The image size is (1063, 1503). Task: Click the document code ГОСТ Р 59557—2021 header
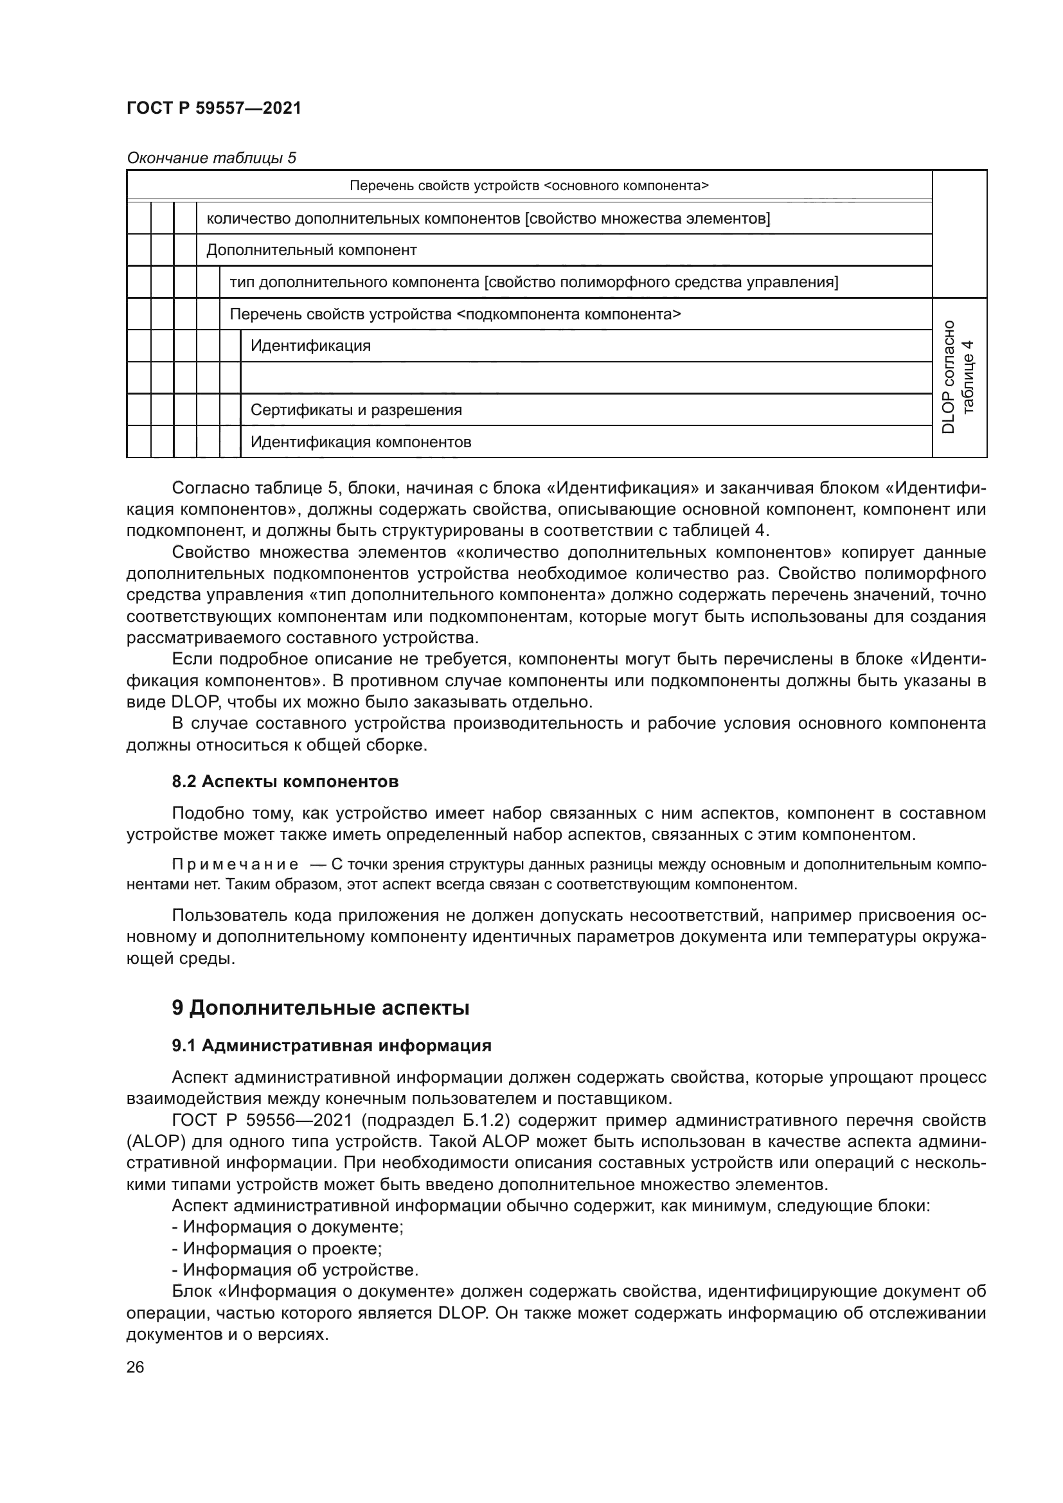[213, 108]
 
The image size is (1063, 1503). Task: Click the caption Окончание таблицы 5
[211, 158]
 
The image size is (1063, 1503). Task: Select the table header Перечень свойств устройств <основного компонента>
[529, 186]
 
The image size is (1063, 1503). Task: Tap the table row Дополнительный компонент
[312, 250]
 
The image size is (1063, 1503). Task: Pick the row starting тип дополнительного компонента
[533, 282]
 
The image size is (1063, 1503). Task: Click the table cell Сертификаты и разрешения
[356, 411]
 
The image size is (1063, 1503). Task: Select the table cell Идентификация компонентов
[361, 443]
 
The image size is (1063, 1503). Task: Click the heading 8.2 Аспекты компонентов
[285, 781]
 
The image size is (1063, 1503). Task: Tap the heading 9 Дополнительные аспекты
[320, 1008]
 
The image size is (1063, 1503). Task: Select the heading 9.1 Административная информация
[331, 1045]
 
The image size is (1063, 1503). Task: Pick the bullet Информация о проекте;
[277, 1249]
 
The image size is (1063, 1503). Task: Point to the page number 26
[135, 1367]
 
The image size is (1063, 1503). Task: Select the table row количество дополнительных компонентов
[488, 218]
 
